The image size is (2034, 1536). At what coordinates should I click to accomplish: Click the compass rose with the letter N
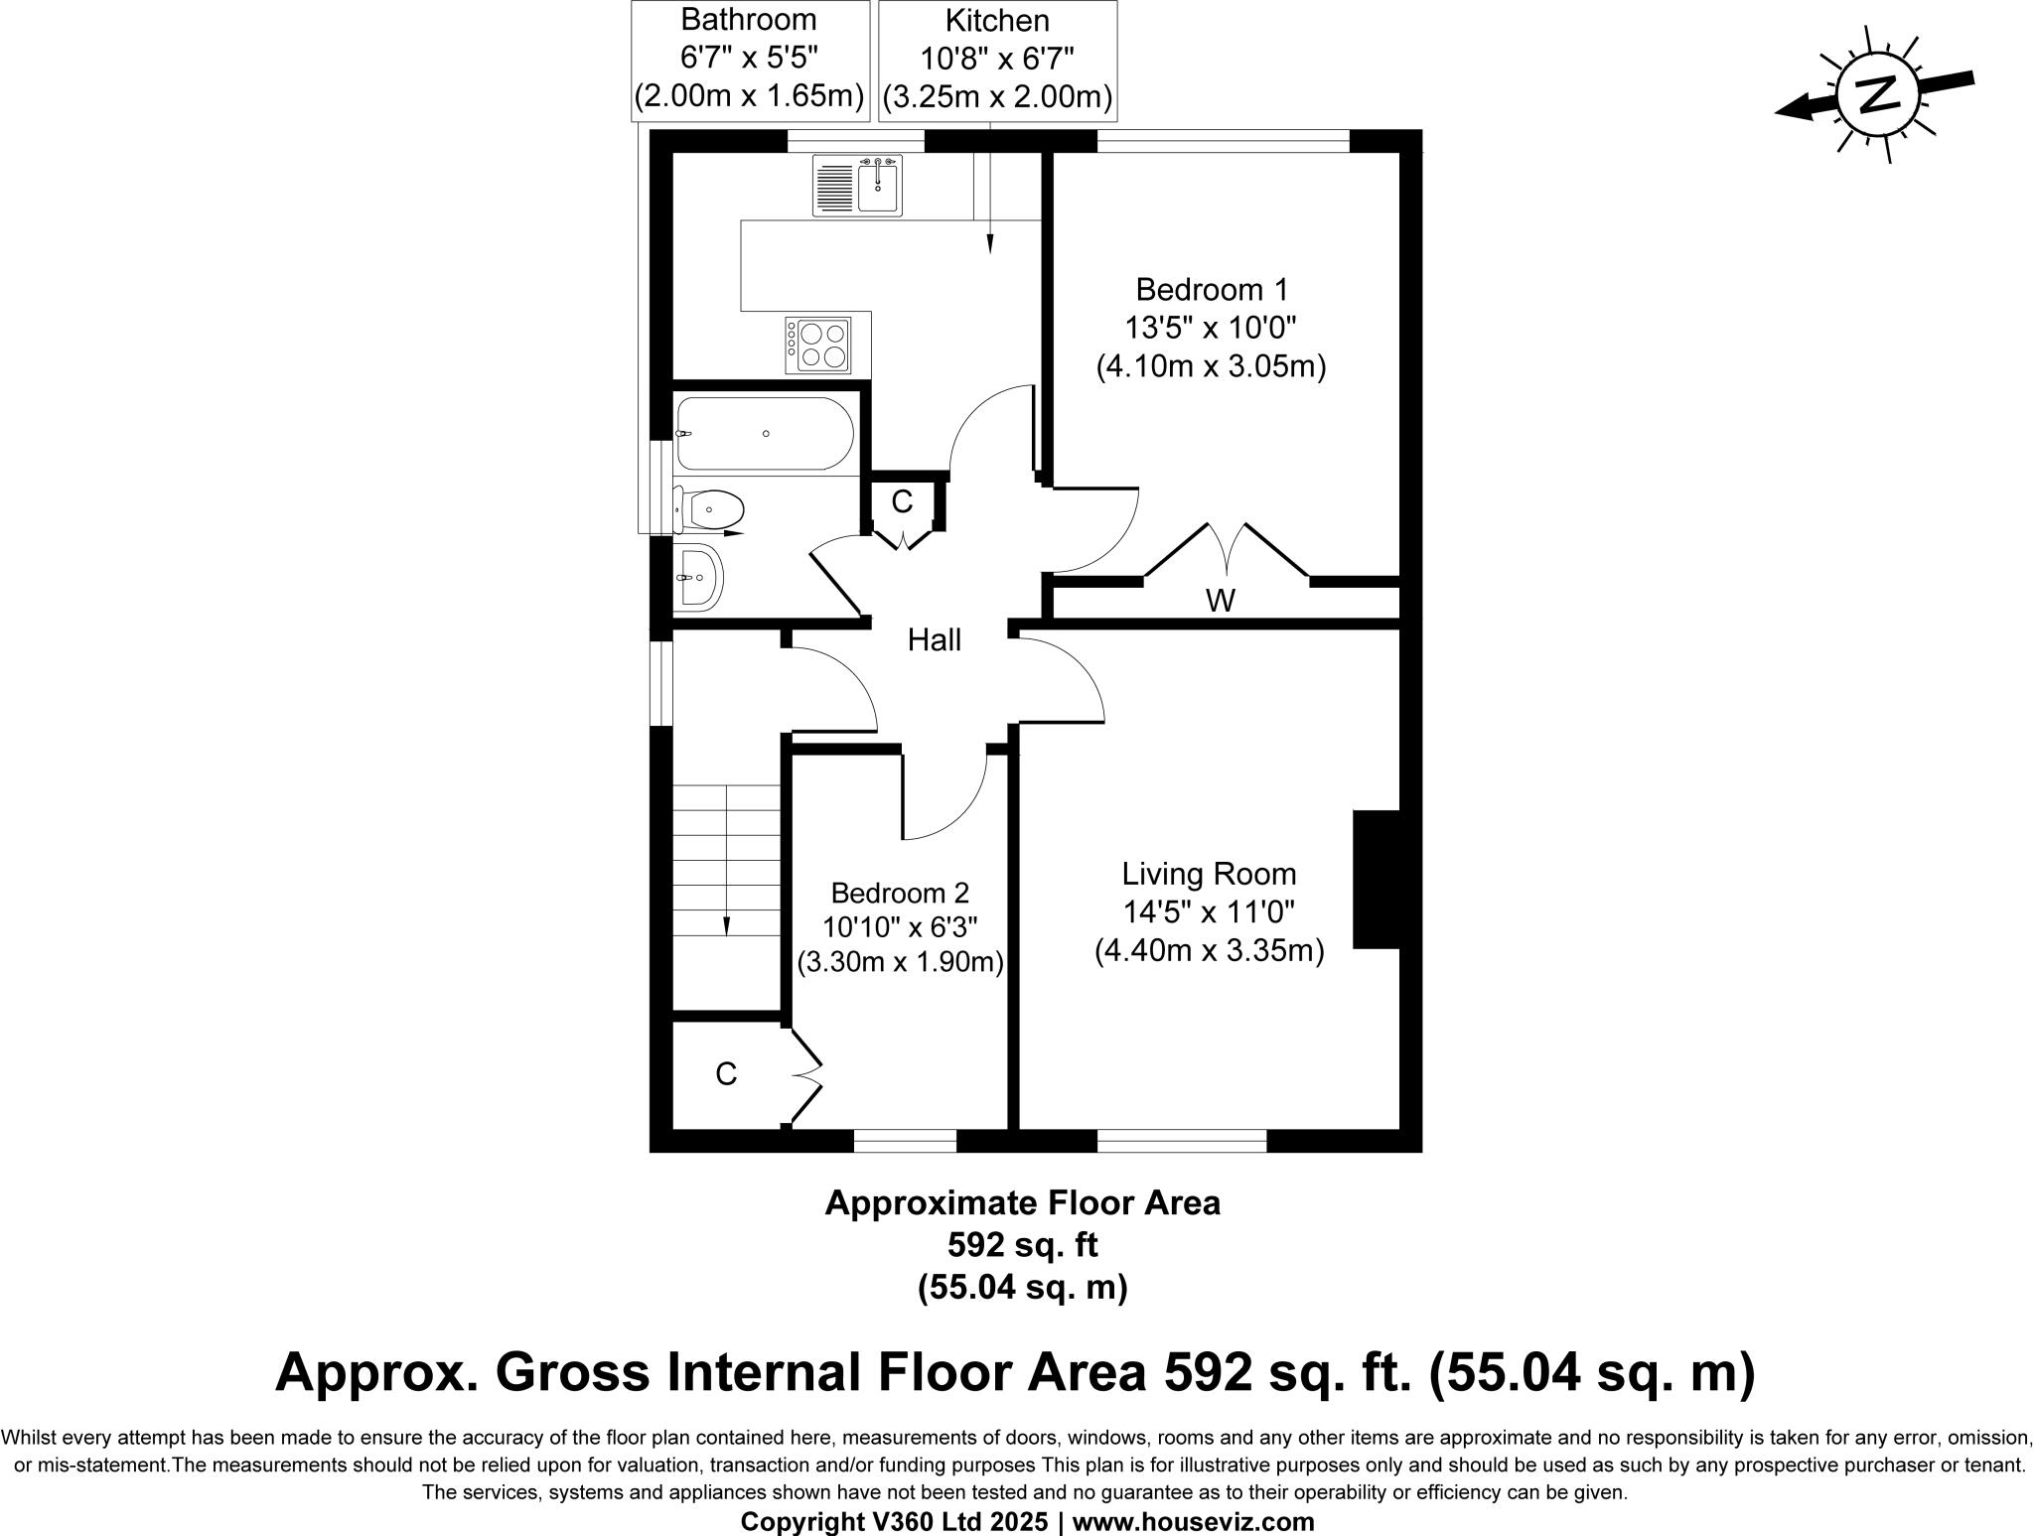[1875, 95]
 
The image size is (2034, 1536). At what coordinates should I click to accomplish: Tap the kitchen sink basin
[878, 187]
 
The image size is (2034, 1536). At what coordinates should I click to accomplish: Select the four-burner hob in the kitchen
[818, 345]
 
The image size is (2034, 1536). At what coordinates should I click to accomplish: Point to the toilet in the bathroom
[711, 510]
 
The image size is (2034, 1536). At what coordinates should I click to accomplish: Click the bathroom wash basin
[699, 577]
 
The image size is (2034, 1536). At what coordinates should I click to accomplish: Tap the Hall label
[934, 640]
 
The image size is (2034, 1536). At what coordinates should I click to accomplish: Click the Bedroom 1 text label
[1211, 290]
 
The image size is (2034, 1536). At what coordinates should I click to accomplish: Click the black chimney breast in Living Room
[1377, 880]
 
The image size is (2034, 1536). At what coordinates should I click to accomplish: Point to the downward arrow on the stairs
[726, 925]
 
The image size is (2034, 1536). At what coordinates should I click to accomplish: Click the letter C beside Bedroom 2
[726, 1073]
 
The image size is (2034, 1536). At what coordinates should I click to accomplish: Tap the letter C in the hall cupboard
[901, 502]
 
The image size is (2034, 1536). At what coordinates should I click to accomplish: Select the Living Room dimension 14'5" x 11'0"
[1209, 911]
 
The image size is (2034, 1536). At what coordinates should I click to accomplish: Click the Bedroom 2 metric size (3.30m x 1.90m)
[900, 963]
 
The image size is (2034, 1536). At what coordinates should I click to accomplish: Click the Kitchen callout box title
[996, 20]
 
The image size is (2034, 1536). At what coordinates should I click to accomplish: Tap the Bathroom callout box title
[750, 20]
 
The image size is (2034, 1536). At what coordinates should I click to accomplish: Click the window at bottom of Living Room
[1181, 1141]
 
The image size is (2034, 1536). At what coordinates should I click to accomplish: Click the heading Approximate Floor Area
[1022, 1203]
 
